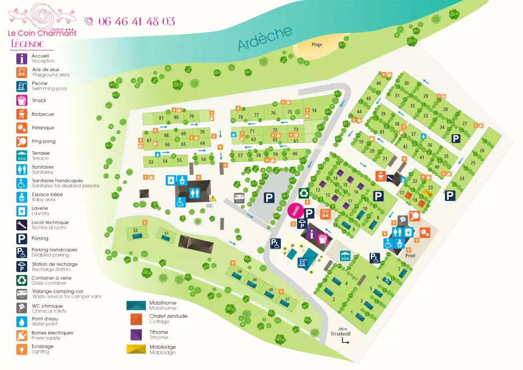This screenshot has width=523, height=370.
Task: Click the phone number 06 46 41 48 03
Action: pos(136,21)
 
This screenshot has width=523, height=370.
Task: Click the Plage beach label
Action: pos(317,44)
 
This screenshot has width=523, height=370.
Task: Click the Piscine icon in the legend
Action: pos(22,86)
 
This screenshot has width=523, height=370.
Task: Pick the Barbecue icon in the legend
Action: pos(22,114)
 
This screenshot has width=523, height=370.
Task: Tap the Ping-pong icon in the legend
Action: pos(22,141)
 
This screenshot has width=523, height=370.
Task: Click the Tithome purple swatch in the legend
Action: pos(137,333)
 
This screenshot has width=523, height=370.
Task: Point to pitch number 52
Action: pos(135,230)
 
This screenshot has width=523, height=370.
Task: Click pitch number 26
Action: pos(482,151)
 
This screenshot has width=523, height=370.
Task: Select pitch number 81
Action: pos(161,117)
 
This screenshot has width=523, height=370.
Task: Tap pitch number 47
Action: pos(287,299)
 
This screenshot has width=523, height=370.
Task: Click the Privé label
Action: pos(410,256)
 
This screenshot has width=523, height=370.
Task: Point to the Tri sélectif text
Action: pos(340,333)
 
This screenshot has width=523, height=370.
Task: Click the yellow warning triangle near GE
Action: pos(213,198)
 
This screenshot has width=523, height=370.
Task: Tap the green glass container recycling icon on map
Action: pos(303,193)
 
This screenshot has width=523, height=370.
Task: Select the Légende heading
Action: pos(27,44)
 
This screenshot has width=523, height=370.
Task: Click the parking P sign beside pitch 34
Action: pos(456,138)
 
